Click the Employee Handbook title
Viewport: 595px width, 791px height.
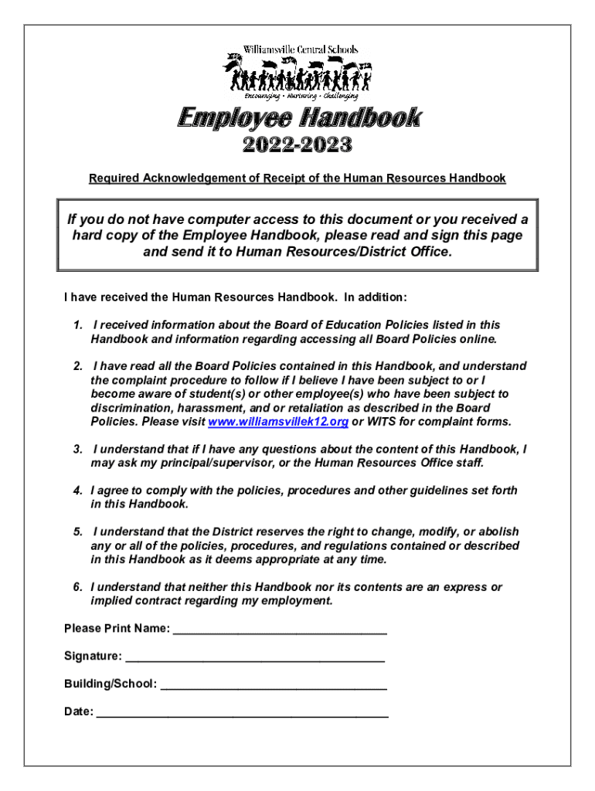tap(299, 118)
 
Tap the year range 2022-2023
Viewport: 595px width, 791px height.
tap(297, 145)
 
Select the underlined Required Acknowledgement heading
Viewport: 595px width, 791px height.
tap(297, 178)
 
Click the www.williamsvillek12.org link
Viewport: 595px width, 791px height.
tap(278, 422)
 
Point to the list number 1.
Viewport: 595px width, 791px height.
tap(77, 325)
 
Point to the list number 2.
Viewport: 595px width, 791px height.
tap(77, 366)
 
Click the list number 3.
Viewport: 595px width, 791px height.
tap(77, 450)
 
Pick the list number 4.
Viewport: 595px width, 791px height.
tap(77, 491)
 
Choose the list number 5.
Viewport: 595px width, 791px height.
tap(77, 532)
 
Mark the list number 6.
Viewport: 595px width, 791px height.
tap(77, 587)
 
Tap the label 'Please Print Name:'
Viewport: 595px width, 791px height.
tap(117, 629)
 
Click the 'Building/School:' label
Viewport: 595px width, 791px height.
tap(110, 684)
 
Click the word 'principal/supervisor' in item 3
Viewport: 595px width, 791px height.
tap(199, 463)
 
